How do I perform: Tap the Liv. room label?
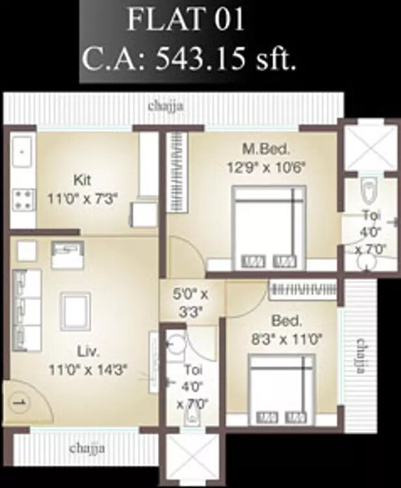tap(87, 352)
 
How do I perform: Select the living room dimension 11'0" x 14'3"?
tap(87, 369)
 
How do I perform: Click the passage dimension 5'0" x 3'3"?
tap(193, 301)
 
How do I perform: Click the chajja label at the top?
tap(165, 106)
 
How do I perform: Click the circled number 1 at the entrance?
tap(19, 401)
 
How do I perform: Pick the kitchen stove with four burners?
tap(22, 198)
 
